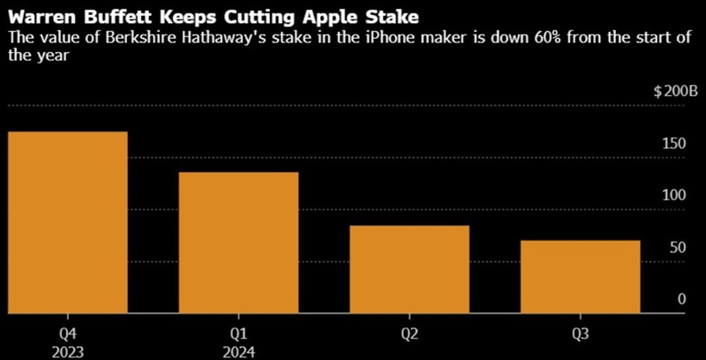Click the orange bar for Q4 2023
tap(68, 221)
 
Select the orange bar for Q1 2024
tap(238, 241)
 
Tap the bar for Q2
tap(409, 267)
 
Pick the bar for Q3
tap(580, 274)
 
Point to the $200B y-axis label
tap(675, 92)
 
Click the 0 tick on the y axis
tap(681, 299)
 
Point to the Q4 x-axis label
tap(68, 334)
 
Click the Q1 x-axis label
tap(238, 334)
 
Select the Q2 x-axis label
tap(409, 334)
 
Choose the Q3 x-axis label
tap(580, 334)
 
